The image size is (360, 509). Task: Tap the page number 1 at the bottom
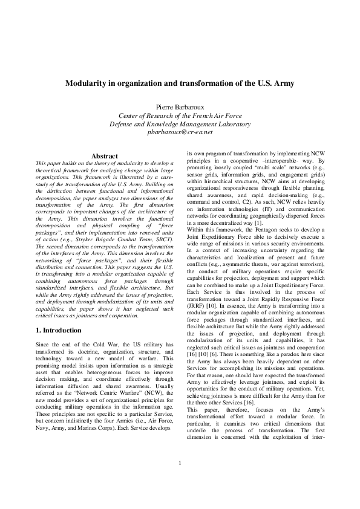[x=180, y=481]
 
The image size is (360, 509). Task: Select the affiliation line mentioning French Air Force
[x=180, y=115]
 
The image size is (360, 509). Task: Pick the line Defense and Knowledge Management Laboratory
[x=180, y=123]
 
